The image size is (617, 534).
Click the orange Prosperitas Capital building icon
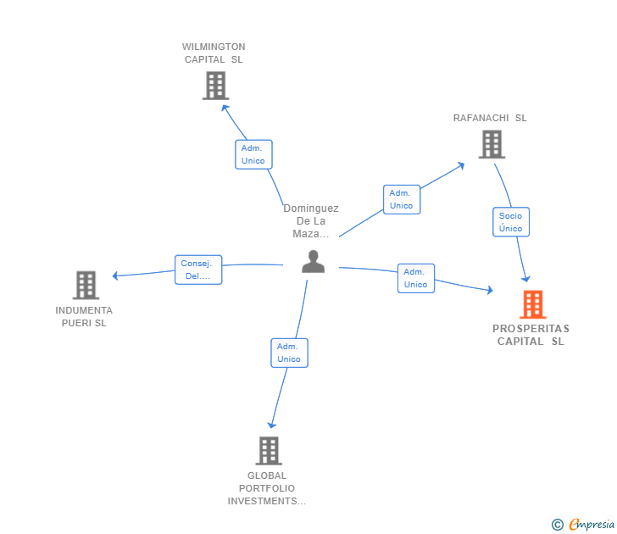click(x=533, y=304)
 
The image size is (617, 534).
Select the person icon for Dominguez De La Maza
click(x=314, y=261)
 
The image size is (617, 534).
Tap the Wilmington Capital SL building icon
click(x=215, y=86)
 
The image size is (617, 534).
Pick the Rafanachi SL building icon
click(x=492, y=144)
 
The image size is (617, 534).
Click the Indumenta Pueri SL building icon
click(x=86, y=285)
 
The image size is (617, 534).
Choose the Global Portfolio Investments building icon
click(x=269, y=451)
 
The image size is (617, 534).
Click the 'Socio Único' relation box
click(x=511, y=222)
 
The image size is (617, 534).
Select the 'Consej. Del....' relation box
click(x=198, y=270)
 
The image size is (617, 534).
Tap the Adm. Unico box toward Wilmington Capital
click(x=253, y=154)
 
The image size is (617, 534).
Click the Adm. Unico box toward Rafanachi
click(x=402, y=199)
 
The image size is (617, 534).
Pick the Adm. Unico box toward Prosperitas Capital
click(x=416, y=278)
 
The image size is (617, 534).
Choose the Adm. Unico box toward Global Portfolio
click(x=289, y=353)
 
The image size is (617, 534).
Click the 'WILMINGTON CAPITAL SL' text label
click(x=214, y=53)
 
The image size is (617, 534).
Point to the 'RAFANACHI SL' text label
click(x=490, y=118)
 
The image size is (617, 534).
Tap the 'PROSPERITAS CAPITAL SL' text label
click(x=531, y=335)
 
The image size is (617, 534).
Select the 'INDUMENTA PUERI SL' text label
click(x=84, y=317)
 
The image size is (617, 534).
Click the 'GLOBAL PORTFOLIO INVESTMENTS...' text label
click(x=267, y=488)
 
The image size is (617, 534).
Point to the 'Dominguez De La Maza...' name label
click(x=311, y=220)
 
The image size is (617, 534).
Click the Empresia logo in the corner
click(x=583, y=524)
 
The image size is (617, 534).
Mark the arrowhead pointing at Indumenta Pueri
click(x=115, y=275)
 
